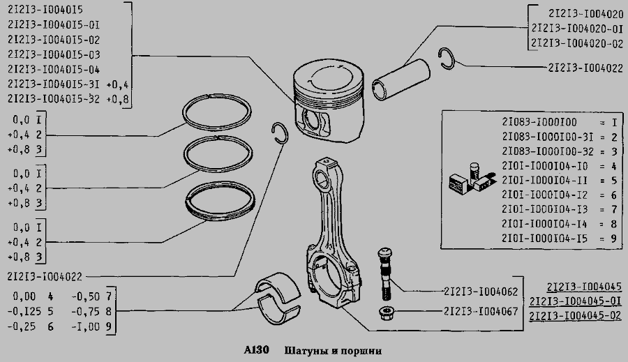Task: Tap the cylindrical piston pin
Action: pos(401,80)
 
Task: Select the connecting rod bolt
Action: pos(385,274)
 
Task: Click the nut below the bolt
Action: pos(387,312)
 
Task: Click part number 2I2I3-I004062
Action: pos(481,292)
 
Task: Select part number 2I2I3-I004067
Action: pos(481,311)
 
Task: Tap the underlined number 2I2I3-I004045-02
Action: pos(575,316)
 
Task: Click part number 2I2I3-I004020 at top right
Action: pos(586,14)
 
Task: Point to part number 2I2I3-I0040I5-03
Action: pos(54,54)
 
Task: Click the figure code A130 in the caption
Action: pos(256,350)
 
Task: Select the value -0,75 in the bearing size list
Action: pos(85,311)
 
